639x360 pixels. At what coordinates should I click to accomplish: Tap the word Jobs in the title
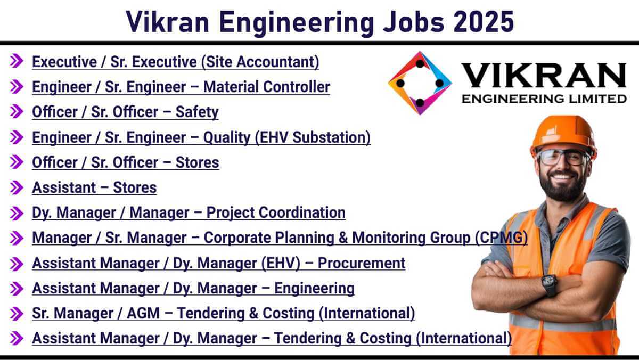click(414, 22)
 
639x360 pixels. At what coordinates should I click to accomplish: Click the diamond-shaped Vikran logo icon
click(420, 83)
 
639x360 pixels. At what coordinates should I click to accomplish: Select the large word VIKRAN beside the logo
click(544, 75)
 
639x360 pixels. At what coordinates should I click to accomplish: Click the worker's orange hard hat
click(563, 135)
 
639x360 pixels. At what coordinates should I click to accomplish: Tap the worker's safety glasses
click(563, 158)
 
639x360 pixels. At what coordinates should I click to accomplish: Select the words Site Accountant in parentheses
click(260, 62)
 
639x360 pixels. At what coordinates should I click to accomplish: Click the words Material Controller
click(267, 87)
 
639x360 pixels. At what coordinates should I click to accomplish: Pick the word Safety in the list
click(197, 112)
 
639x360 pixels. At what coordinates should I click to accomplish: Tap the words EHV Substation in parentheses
click(313, 137)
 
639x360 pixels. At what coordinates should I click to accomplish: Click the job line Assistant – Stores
click(94, 187)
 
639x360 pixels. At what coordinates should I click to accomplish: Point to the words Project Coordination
click(276, 213)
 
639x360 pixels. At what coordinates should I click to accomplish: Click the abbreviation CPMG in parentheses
click(502, 238)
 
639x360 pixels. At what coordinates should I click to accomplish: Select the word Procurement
click(362, 263)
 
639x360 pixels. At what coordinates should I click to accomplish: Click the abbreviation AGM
click(143, 313)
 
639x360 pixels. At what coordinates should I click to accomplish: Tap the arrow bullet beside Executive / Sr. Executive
click(17, 61)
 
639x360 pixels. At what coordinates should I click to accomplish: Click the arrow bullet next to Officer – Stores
click(17, 162)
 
